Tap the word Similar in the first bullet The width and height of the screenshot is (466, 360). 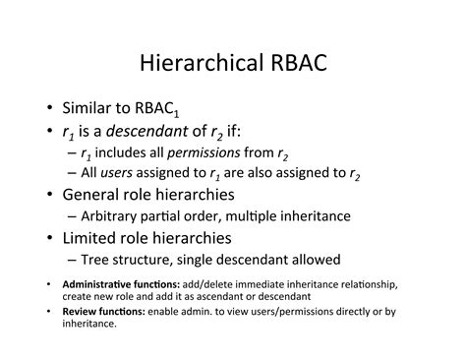pos(94,108)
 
